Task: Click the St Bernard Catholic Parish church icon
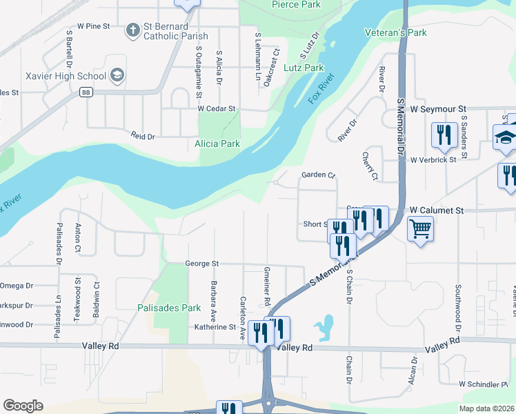click(x=133, y=30)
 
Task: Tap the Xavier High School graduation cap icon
click(x=117, y=75)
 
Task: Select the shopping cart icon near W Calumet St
click(x=420, y=228)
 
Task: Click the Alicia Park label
click(x=217, y=144)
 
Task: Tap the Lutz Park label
click(x=304, y=68)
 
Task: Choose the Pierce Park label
click(x=296, y=5)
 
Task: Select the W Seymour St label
click(x=438, y=109)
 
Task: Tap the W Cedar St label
click(x=217, y=109)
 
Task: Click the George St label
click(x=201, y=264)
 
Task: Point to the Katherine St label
click(x=215, y=327)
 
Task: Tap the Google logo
click(x=23, y=405)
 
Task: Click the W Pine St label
click(x=94, y=26)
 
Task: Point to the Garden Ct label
click(x=317, y=175)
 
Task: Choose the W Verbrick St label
click(x=433, y=160)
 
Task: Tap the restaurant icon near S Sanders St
click(x=443, y=134)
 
